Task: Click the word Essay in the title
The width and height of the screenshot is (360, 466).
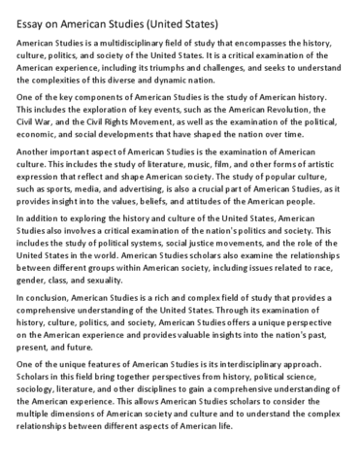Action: pyautogui.click(x=32, y=19)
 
